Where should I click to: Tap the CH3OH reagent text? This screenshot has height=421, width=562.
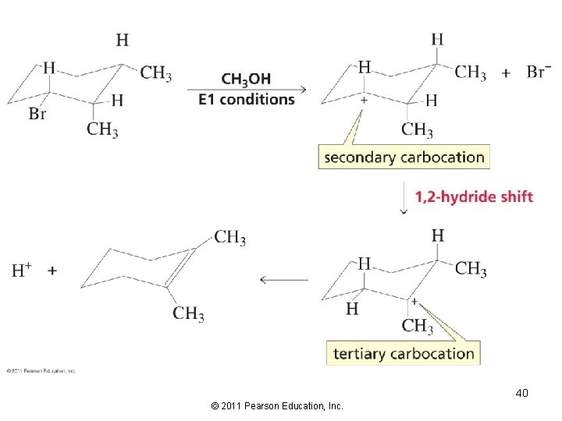[x=246, y=79]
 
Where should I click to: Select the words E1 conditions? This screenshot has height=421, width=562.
[x=247, y=99]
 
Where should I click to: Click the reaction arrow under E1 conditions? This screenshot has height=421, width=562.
[x=247, y=89]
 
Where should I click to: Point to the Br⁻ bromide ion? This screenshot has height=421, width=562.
[x=536, y=73]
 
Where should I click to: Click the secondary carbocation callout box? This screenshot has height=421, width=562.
[x=404, y=157]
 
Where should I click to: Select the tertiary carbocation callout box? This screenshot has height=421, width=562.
[x=404, y=353]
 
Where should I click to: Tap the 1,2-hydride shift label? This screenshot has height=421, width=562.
[x=474, y=196]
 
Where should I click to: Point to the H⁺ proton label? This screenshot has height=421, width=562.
[x=22, y=271]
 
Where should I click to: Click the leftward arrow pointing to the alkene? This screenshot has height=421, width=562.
[x=283, y=279]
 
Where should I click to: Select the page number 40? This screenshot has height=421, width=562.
[x=521, y=393]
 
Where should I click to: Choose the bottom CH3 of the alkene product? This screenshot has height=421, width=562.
[x=189, y=313]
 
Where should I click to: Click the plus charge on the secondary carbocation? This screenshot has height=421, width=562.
[x=363, y=101]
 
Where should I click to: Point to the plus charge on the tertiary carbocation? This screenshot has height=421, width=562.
[x=414, y=300]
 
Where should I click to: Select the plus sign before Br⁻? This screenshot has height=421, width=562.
[x=506, y=73]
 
